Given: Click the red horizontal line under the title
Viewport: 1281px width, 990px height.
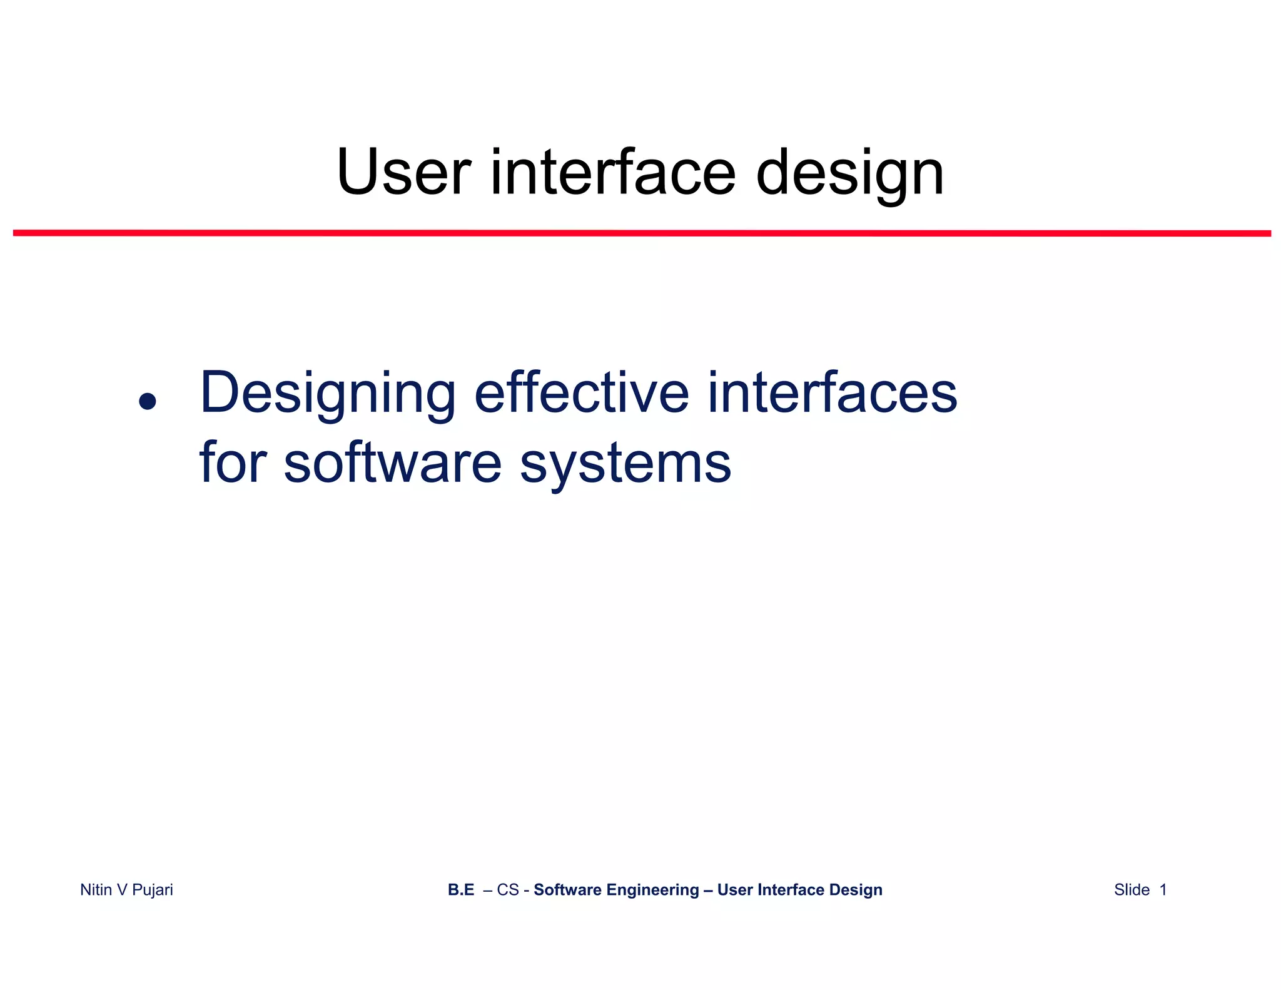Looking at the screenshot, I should (x=641, y=233).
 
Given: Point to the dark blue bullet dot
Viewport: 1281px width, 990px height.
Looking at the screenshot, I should (x=148, y=401).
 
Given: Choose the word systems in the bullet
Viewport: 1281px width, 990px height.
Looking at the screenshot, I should (x=625, y=466).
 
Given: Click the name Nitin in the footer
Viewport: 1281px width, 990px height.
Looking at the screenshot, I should (x=96, y=890).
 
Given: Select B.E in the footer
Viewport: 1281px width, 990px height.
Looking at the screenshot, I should (x=461, y=890).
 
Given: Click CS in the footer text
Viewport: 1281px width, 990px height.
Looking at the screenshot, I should (x=508, y=890).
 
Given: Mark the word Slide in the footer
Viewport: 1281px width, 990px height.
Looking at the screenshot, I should (x=1132, y=890).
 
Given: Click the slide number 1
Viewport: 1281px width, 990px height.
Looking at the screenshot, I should (x=1163, y=890).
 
